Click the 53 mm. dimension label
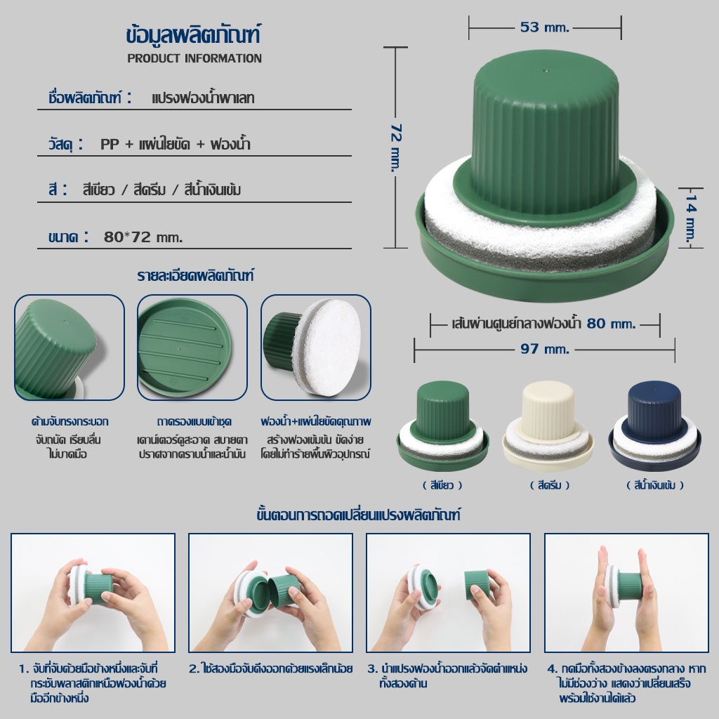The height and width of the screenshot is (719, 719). click(544, 27)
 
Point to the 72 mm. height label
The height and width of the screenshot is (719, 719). click(396, 147)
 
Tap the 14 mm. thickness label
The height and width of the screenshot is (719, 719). click(691, 218)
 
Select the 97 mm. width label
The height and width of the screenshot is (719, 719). click(544, 350)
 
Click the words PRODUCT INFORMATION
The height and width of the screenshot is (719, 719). click(194, 58)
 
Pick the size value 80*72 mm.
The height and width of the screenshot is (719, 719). click(143, 237)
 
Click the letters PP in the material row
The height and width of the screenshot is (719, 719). click(110, 145)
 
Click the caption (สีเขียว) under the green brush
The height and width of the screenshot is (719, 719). click(442, 485)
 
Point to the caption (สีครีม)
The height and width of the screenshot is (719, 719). click(549, 485)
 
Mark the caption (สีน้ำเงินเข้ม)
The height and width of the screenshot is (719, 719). click(655, 485)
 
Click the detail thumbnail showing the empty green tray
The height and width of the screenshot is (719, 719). click(192, 347)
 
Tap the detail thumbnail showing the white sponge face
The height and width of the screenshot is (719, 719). click(316, 347)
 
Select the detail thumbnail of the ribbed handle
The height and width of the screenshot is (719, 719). click(70, 347)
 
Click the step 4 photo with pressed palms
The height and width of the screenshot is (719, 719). click(626, 593)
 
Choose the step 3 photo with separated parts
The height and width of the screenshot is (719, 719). click(448, 593)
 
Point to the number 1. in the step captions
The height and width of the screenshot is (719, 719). click(24, 668)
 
